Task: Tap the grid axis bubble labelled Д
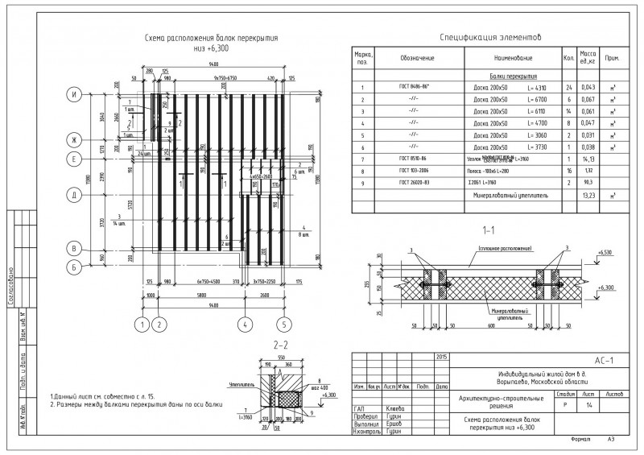[x=74, y=196]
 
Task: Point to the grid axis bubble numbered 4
[x=242, y=325]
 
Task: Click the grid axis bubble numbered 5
[x=283, y=325]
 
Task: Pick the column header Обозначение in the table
[x=417, y=58]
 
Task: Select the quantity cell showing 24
[x=568, y=87]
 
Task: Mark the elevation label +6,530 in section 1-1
[x=605, y=253]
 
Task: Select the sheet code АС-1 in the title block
[x=603, y=361]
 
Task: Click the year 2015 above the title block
[x=441, y=356]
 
